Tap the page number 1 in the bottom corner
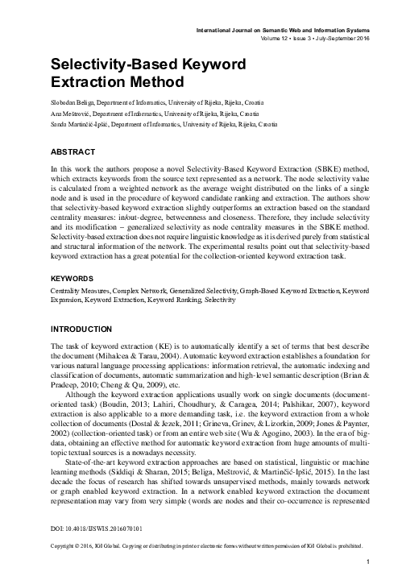[x=367, y=561]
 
